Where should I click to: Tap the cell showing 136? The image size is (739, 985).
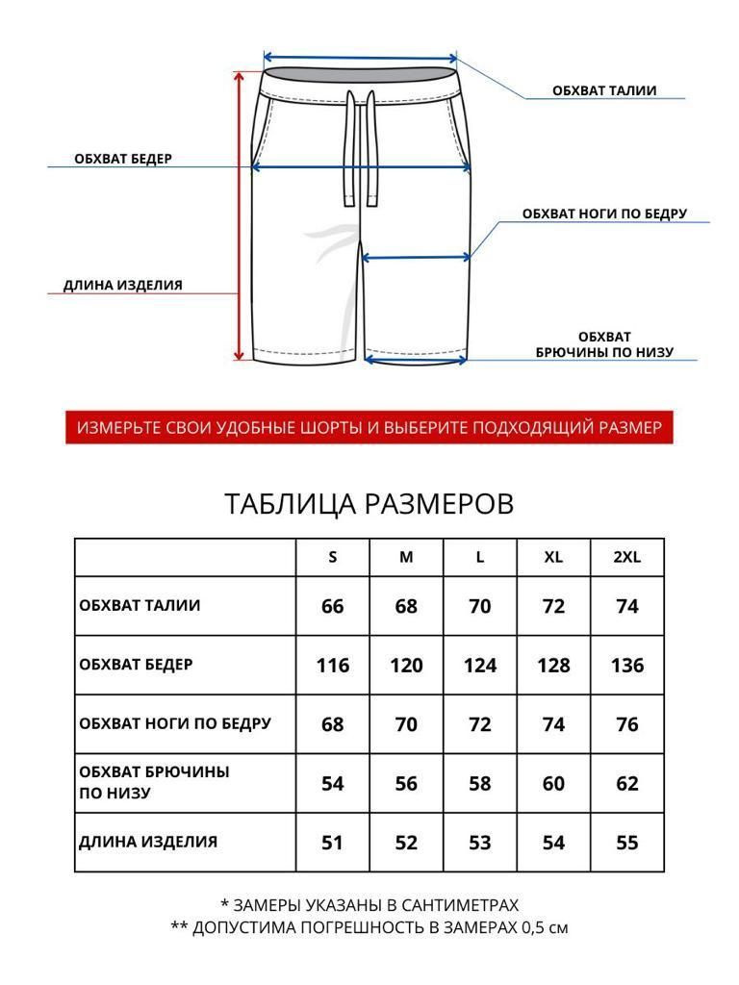626,665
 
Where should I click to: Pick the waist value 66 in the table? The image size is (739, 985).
332,606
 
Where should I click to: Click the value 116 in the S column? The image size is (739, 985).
332,665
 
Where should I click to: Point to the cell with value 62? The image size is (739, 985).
626,783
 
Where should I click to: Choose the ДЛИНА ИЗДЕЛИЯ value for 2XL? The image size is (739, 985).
626,843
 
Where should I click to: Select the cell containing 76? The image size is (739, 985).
626,724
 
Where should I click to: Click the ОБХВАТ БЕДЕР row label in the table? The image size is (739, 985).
136,665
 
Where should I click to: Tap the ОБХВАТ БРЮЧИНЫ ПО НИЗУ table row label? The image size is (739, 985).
155,783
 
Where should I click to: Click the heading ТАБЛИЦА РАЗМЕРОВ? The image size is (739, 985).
369,504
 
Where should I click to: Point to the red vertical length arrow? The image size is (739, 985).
240,216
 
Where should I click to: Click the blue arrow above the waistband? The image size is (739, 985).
360,57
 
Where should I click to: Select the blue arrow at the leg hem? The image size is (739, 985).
417,362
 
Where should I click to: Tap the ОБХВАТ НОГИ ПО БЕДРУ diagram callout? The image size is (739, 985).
604,214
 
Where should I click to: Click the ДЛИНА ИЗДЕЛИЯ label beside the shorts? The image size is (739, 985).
123,285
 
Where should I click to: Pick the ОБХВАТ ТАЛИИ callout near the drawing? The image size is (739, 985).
604,91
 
